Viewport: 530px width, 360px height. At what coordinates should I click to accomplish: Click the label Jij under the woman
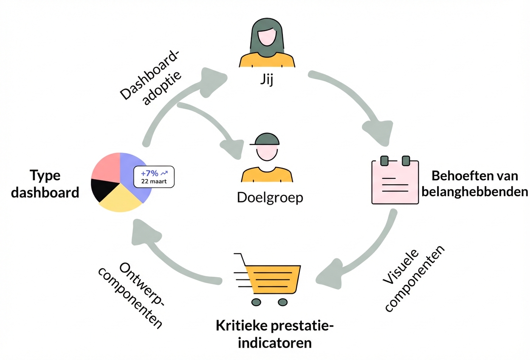[267, 80]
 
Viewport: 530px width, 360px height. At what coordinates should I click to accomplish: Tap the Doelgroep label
[270, 197]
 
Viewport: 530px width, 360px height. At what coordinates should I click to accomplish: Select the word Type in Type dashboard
[45, 176]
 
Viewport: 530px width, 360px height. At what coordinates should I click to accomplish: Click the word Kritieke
[241, 326]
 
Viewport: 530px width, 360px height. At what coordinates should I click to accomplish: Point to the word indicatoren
[274, 343]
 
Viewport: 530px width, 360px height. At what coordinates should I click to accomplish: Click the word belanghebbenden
[475, 192]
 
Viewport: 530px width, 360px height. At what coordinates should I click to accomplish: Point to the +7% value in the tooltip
[149, 173]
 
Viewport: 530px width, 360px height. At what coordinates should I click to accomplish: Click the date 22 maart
[154, 181]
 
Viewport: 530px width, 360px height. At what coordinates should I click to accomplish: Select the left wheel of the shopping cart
[256, 302]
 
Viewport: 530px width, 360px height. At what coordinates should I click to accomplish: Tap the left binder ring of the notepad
[384, 161]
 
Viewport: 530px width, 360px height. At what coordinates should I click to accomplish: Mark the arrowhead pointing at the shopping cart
[330, 274]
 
